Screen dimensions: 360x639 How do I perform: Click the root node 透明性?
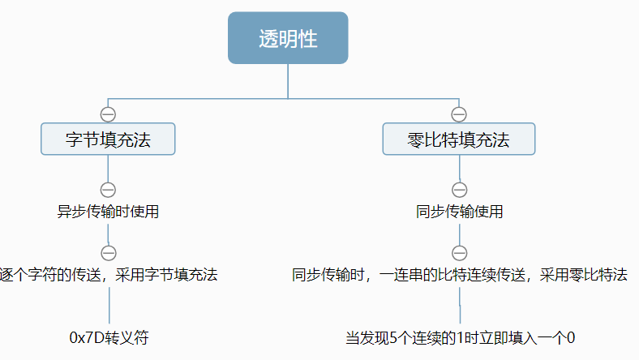click(288, 38)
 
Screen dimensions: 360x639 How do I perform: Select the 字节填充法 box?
click(108, 139)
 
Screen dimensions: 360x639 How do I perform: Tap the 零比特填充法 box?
click(459, 139)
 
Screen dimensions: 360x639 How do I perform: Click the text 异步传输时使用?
click(108, 212)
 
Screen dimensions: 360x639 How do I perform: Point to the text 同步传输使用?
click(459, 212)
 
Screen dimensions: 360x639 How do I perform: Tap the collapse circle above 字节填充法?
click(108, 114)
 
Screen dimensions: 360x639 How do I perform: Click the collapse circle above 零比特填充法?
click(459, 114)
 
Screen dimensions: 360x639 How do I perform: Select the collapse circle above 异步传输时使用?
click(108, 190)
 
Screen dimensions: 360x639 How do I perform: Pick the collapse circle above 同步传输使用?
click(459, 190)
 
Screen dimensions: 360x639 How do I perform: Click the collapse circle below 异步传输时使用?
click(108, 252)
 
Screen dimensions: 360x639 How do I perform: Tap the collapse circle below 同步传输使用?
click(459, 252)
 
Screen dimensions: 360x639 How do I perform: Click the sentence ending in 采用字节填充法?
click(109, 275)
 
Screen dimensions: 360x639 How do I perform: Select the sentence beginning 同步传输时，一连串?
click(459, 275)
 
